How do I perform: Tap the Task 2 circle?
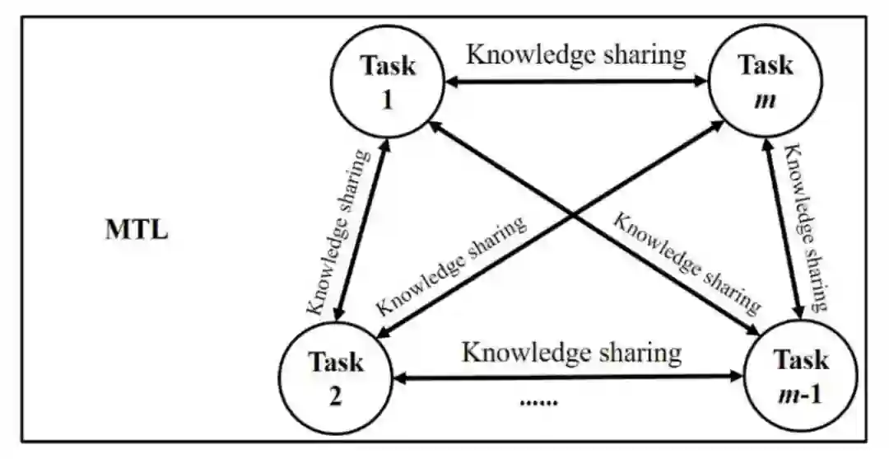coord(336,377)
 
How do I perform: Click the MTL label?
coord(137,230)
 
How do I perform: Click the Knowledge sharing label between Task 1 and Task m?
coord(575,55)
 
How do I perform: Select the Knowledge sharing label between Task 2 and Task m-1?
coord(571,353)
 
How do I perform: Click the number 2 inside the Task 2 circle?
coord(336,396)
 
